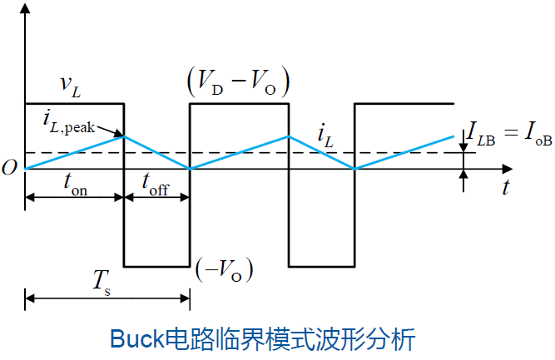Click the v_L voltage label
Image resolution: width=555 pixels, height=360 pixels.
pyautogui.click(x=71, y=86)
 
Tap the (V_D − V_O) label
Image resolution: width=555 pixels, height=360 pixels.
pyautogui.click(x=239, y=82)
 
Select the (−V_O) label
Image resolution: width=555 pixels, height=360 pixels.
pyautogui.click(x=225, y=270)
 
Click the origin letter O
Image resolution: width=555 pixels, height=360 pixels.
pyautogui.click(x=9, y=168)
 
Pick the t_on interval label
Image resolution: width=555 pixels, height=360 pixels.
pyautogui.click(x=75, y=185)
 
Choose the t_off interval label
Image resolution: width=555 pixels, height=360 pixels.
pyautogui.click(x=155, y=185)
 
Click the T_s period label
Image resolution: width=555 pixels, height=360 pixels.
pyautogui.click(x=102, y=283)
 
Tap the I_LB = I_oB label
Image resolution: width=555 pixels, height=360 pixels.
pyautogui.click(x=509, y=133)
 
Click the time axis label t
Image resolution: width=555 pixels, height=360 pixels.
pyautogui.click(x=507, y=187)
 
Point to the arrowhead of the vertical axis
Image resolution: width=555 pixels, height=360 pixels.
pyautogui.click(x=25, y=7)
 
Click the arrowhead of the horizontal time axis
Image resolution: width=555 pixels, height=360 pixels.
pyautogui.click(x=508, y=169)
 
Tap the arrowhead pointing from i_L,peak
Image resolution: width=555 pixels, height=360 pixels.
pyautogui.click(x=118, y=134)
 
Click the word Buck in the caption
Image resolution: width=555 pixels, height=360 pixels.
pyautogui.click(x=137, y=338)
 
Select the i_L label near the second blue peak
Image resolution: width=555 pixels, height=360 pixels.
pyautogui.click(x=325, y=137)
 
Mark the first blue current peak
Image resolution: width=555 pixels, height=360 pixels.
pyautogui.click(x=123, y=136)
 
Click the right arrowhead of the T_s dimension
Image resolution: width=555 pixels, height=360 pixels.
pyautogui.click(x=185, y=298)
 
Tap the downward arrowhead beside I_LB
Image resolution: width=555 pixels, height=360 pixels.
pyautogui.click(x=463, y=147)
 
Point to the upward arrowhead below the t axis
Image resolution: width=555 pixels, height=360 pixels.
pyautogui.click(x=463, y=175)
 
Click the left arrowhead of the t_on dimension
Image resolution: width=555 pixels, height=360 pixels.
pyautogui.click(x=30, y=197)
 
